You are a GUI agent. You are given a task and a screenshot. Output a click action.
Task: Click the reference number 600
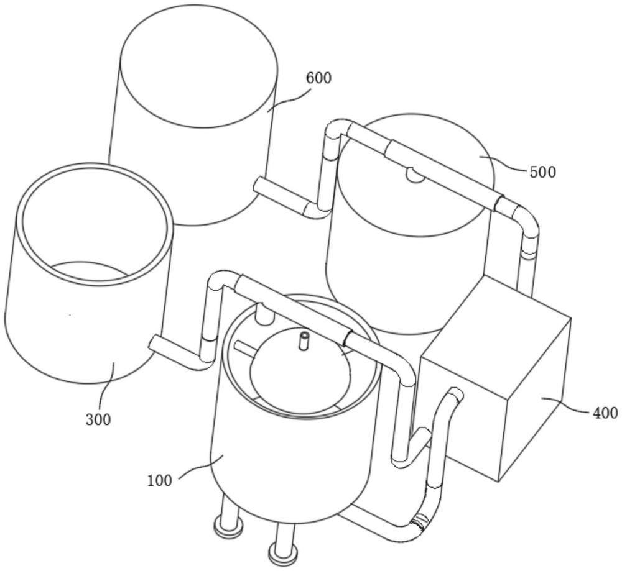click(x=318, y=78)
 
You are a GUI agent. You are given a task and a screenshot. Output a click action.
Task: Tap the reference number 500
click(x=542, y=171)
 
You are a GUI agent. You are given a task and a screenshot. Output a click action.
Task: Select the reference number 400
click(x=605, y=412)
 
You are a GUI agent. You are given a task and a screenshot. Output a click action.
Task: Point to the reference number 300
click(x=98, y=419)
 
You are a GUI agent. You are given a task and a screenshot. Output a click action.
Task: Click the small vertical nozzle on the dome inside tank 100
click(x=305, y=341)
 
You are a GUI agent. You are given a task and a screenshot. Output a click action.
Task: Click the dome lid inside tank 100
click(x=299, y=373)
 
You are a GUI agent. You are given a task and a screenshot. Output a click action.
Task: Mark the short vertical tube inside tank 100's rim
click(x=264, y=314)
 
